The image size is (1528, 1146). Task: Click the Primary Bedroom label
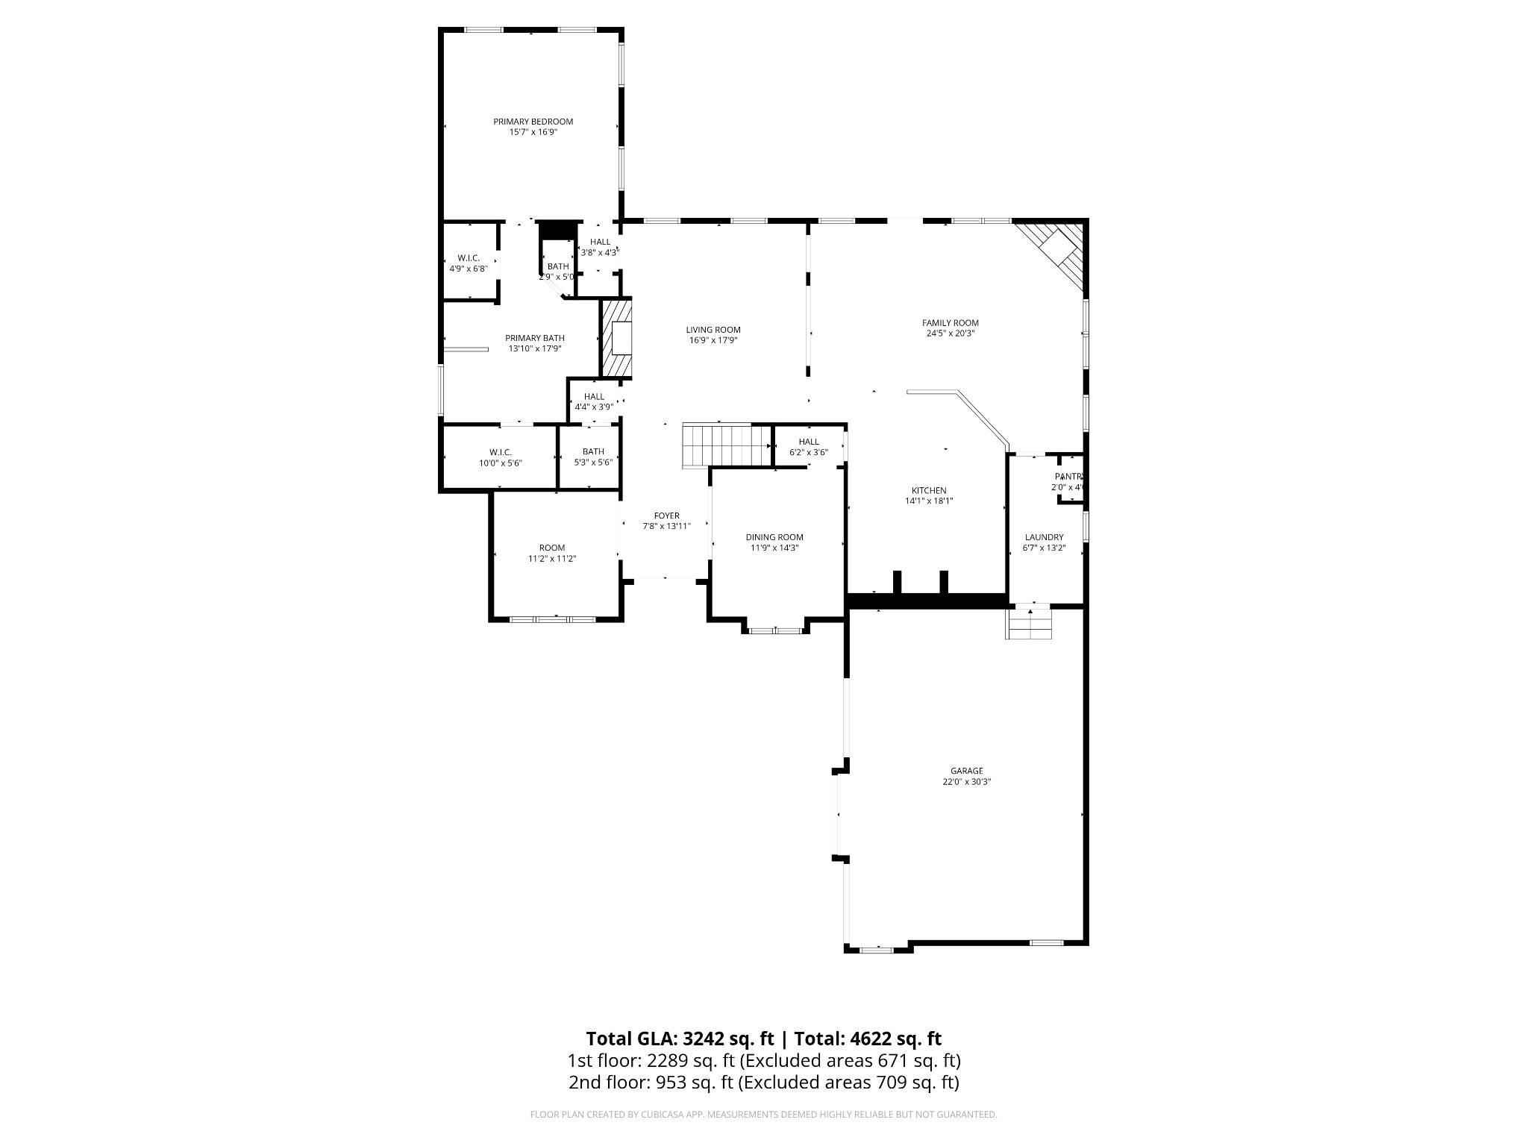click(x=533, y=122)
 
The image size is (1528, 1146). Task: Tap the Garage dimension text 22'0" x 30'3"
click(x=966, y=782)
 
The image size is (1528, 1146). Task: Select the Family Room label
click(x=950, y=323)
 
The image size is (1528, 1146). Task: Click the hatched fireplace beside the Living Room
click(x=617, y=339)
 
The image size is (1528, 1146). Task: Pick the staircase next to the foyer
click(x=726, y=445)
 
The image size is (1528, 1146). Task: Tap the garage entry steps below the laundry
click(x=1030, y=624)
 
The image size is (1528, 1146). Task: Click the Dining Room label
click(x=774, y=537)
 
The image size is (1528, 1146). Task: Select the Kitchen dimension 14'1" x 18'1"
click(x=929, y=501)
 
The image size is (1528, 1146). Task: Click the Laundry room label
click(x=1044, y=537)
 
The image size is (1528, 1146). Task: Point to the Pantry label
click(x=1068, y=477)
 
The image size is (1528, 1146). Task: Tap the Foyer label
click(x=666, y=516)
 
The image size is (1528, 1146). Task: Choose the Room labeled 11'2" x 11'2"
click(x=552, y=553)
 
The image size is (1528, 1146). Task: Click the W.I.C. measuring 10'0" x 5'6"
click(x=500, y=457)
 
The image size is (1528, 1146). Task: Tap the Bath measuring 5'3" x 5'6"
click(x=593, y=457)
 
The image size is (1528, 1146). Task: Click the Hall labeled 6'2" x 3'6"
click(x=808, y=447)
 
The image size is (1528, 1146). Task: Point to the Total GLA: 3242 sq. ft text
click(x=679, y=1039)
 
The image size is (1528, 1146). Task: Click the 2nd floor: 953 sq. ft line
click(x=763, y=1082)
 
